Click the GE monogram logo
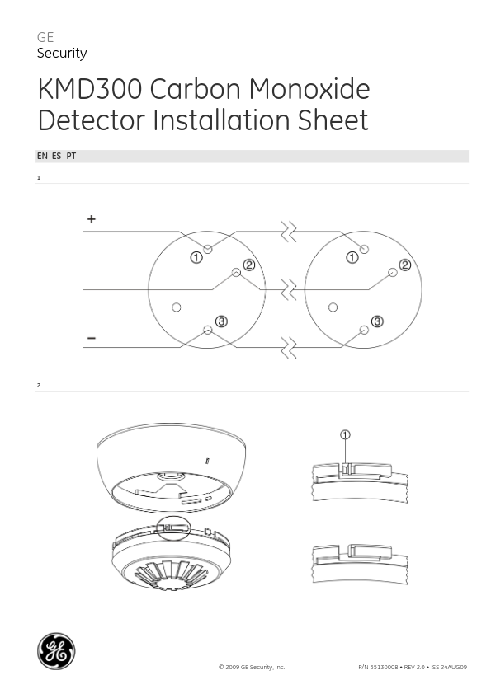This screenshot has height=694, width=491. [56, 651]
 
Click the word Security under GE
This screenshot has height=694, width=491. [62, 54]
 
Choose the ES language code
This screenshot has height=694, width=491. [56, 156]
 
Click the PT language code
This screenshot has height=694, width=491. [71, 156]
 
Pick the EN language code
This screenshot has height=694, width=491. [42, 156]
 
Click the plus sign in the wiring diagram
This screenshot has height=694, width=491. [92, 219]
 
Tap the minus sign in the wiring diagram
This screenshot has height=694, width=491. [92, 338]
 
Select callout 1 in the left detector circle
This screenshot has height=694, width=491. [196, 257]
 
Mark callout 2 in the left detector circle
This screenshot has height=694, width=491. [248, 265]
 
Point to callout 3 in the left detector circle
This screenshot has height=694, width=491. [221, 321]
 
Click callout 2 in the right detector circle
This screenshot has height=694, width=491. [404, 265]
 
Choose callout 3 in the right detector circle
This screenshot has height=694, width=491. [377, 321]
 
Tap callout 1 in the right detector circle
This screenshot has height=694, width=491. [352, 257]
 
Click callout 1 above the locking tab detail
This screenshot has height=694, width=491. [345, 434]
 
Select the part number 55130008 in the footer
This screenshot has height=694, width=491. [384, 667]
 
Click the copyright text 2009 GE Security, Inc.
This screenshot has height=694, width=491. [254, 667]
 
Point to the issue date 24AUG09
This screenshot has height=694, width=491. [453, 667]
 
